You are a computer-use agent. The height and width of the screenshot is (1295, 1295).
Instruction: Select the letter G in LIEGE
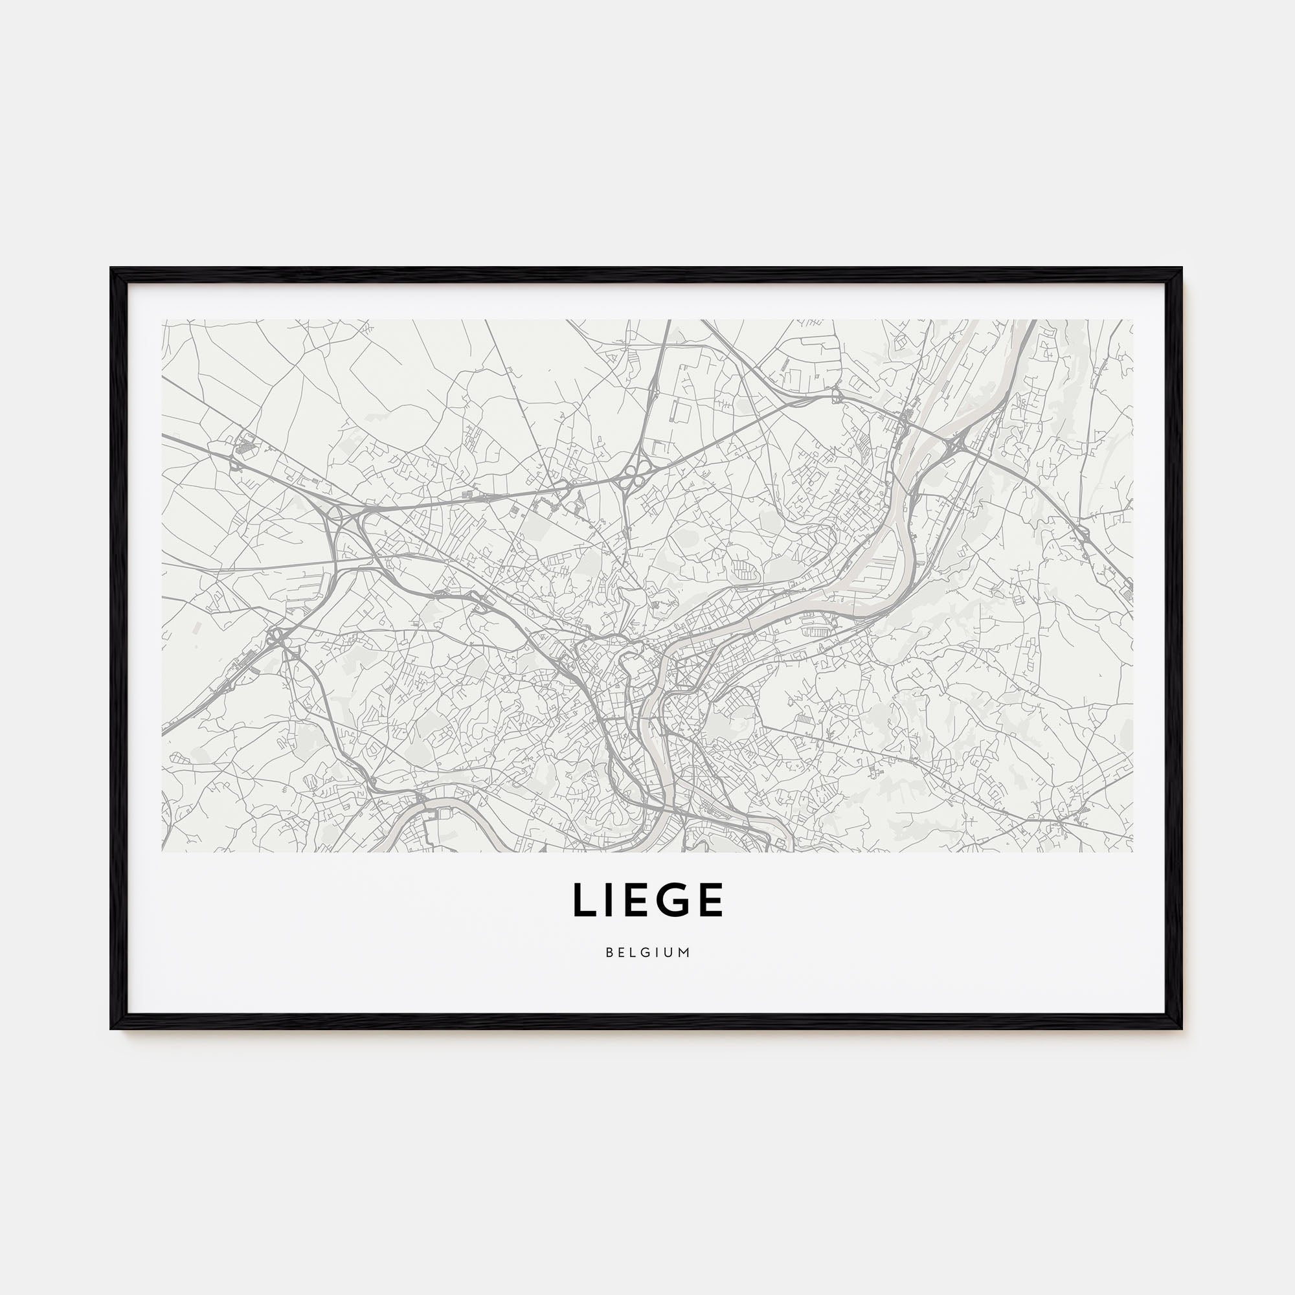coord(672,899)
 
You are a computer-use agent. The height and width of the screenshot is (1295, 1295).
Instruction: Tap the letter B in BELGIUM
coord(609,952)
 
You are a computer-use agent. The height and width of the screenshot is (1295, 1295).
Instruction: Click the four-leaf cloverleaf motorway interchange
coord(630,477)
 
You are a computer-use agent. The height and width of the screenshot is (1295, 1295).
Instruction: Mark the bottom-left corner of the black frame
coord(112,1028)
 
